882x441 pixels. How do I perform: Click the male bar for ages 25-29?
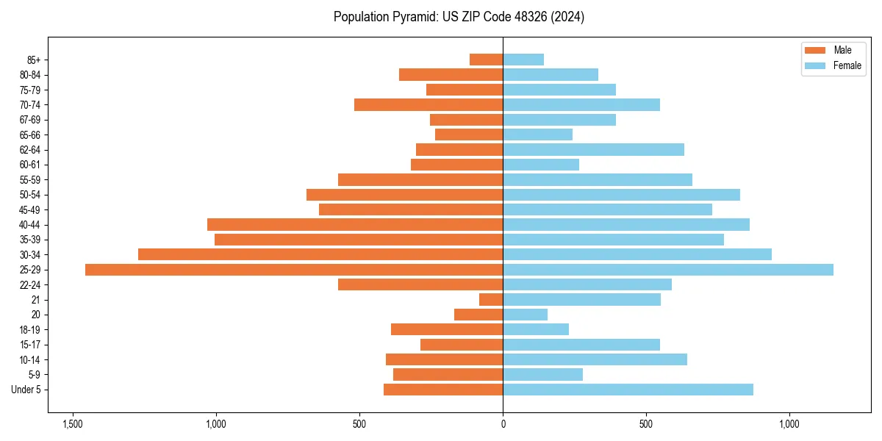(x=294, y=270)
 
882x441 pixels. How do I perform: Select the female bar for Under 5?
(x=628, y=390)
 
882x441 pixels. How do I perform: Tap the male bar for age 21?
(x=491, y=300)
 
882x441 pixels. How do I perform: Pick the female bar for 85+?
(x=523, y=60)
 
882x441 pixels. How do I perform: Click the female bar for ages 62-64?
(x=593, y=150)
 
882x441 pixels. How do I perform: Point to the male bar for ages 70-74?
(x=429, y=104)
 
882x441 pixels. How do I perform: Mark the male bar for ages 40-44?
(x=355, y=225)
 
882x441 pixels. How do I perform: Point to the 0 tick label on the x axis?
(x=503, y=425)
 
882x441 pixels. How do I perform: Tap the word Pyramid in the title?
(x=414, y=17)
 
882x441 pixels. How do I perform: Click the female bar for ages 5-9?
(x=542, y=375)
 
